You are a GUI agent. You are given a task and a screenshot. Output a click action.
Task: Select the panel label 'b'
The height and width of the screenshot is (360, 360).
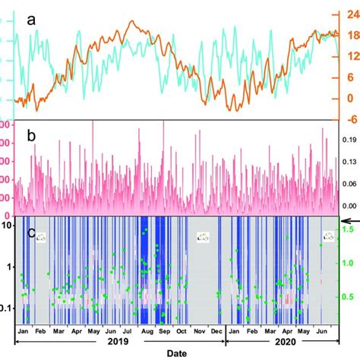[x=30, y=137]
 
